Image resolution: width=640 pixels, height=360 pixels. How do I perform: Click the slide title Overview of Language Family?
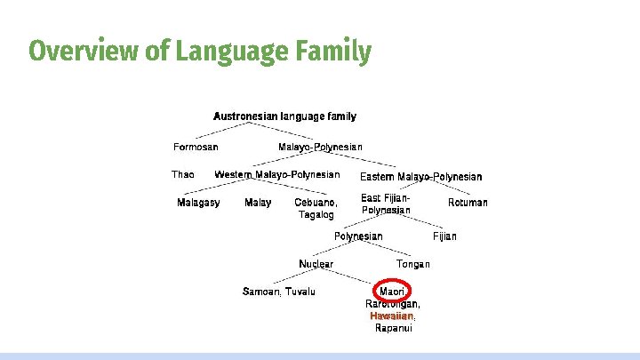point(200,52)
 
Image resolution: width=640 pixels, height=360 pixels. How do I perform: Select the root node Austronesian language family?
point(284,116)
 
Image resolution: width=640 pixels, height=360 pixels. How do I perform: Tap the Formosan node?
point(196,147)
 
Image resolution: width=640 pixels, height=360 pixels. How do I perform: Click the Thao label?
point(182,175)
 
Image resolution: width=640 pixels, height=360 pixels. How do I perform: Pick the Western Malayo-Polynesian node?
point(276,174)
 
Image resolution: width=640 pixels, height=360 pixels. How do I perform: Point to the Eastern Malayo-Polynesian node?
point(420,177)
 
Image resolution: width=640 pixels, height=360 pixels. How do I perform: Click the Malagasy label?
point(198,203)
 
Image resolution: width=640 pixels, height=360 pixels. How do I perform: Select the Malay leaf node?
point(258,203)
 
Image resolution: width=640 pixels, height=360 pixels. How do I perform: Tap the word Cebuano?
point(316,203)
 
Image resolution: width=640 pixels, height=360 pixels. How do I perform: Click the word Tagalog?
point(316,214)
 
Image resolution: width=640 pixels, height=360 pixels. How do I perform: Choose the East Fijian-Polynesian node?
point(386,204)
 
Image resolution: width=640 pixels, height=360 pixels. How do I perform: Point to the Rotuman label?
point(468,203)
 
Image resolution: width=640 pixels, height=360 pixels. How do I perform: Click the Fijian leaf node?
point(444,236)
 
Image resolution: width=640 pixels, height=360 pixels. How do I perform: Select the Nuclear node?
point(316,264)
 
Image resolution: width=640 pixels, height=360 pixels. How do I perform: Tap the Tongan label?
point(413,264)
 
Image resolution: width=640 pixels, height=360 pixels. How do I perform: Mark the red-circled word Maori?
point(392,292)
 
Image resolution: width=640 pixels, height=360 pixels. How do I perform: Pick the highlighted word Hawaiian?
point(392,316)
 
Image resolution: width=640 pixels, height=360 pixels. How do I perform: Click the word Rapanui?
point(393,328)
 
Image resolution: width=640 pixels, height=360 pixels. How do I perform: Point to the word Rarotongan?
point(393,304)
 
